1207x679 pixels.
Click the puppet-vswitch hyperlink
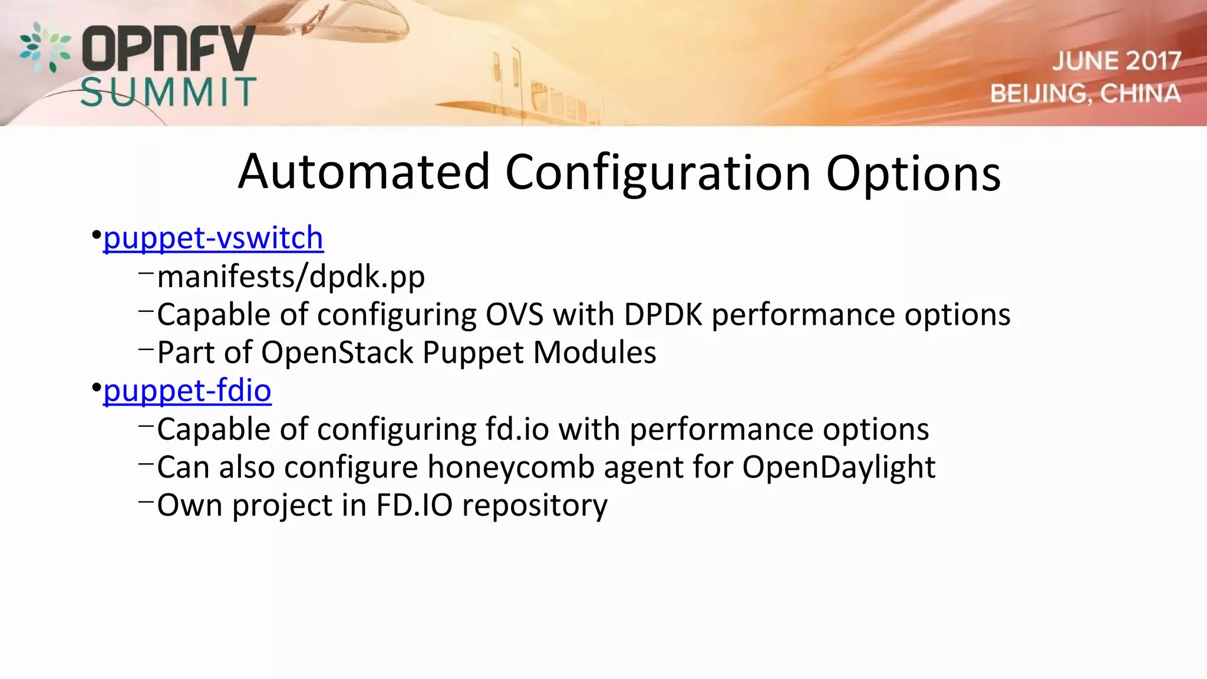[213, 238]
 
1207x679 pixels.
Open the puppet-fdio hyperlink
[187, 391]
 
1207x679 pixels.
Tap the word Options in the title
[913, 173]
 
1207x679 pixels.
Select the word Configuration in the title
[658, 173]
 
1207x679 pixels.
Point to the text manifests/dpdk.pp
[291, 277]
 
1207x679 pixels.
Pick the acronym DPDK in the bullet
[662, 315]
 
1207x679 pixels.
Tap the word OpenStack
[337, 353]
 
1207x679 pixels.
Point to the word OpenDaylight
[838, 467]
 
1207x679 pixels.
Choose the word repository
[534, 506]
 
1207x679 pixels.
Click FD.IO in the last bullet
[414, 506]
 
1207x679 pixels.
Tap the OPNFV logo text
[169, 48]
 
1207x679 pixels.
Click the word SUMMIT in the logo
[168, 93]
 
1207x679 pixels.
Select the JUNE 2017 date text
[1116, 61]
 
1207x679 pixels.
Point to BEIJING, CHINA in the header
[1085, 94]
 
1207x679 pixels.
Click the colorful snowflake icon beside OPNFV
[45, 47]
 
